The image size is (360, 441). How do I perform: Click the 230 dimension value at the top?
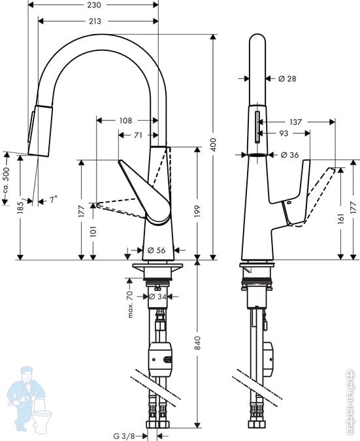click(x=94, y=5)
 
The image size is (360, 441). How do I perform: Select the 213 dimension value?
click(x=95, y=21)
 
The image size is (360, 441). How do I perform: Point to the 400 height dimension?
click(x=214, y=144)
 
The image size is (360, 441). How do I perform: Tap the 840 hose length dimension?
click(x=198, y=342)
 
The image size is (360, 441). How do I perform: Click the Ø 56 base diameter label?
click(x=156, y=250)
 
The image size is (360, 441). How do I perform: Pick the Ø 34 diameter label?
click(x=157, y=296)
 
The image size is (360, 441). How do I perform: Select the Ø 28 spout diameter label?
click(x=287, y=78)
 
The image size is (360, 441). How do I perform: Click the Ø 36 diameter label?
click(x=289, y=155)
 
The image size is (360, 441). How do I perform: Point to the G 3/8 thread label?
click(x=125, y=436)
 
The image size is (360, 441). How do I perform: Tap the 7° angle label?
click(x=54, y=200)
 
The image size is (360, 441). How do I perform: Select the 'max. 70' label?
click(x=130, y=304)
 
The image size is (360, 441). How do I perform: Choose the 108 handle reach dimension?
click(x=125, y=120)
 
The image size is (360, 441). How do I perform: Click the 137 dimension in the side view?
click(x=295, y=122)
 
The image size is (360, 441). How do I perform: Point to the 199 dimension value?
click(x=198, y=211)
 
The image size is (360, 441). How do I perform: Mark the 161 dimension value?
click(x=341, y=218)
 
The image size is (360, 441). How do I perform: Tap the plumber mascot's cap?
click(x=27, y=370)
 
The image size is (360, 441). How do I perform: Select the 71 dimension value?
click(x=138, y=135)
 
